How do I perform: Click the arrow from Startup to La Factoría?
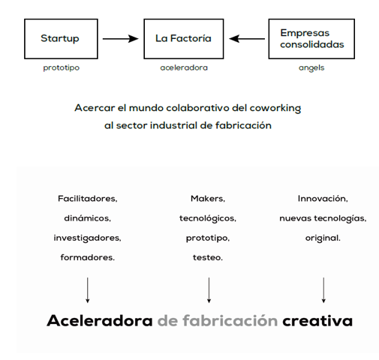[x=121, y=39]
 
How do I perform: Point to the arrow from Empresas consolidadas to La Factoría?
[x=247, y=39]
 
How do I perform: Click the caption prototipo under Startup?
[x=62, y=67]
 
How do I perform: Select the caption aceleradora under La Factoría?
[x=184, y=67]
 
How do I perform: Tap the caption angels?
[x=311, y=67]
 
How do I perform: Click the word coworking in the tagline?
[x=275, y=108]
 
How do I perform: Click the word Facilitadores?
[x=88, y=199]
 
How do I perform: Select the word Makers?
[x=208, y=199]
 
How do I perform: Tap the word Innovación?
[x=323, y=199]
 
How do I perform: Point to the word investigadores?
[x=87, y=238]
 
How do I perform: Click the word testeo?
[x=208, y=257]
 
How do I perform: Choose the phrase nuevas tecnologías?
[x=323, y=218]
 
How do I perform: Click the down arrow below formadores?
[x=87, y=290]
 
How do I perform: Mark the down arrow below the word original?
[x=323, y=290]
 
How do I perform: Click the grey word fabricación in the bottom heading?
[x=230, y=320]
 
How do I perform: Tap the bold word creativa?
[x=317, y=321]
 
